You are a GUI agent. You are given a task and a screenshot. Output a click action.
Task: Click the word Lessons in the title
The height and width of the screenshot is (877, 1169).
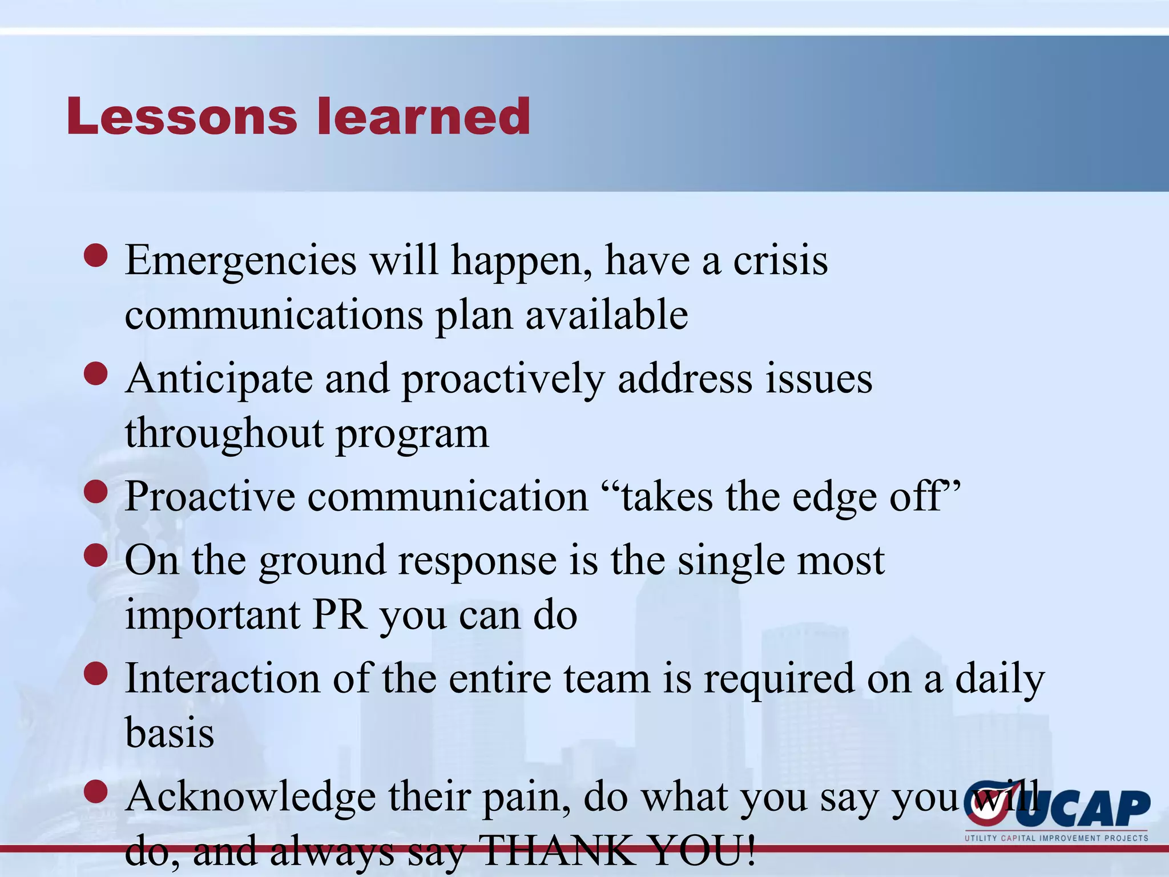[x=182, y=117]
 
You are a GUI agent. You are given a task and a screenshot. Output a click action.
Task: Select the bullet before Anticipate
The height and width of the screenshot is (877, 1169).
[x=95, y=375]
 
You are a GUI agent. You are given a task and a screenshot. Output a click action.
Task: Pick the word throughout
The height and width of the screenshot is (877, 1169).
[x=224, y=434]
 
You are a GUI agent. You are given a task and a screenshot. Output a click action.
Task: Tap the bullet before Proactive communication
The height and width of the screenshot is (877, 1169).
[x=95, y=492]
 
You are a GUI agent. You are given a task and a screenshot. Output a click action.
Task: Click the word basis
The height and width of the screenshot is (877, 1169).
[x=170, y=734]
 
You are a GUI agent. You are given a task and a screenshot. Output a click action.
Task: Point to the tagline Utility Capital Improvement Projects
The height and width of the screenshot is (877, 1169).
[x=1056, y=838]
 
